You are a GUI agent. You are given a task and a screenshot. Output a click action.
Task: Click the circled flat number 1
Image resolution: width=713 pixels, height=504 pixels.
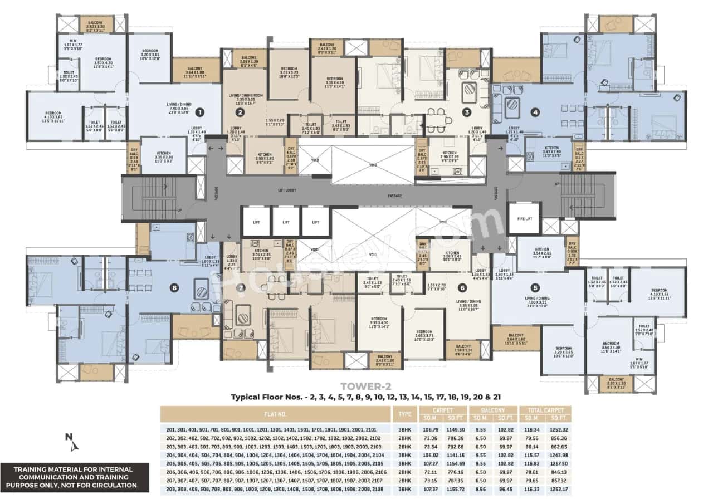tap(200, 112)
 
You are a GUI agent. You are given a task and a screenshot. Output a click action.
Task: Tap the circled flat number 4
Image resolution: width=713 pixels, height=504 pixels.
tap(535, 112)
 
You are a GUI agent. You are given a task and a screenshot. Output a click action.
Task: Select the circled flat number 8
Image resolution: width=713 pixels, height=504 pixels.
tap(175, 288)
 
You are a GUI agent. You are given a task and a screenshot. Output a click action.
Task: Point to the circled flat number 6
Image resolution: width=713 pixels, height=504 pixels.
tap(462, 288)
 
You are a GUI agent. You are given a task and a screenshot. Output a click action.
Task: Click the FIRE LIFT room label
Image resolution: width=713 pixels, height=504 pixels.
tap(524, 219)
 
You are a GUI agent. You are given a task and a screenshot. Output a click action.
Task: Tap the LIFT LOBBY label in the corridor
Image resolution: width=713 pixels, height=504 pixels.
tap(290, 190)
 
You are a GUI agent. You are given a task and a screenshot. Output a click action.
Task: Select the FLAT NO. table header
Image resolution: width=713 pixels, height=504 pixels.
tap(275, 414)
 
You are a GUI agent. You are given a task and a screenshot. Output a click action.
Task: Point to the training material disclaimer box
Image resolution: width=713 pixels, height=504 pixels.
tap(69, 477)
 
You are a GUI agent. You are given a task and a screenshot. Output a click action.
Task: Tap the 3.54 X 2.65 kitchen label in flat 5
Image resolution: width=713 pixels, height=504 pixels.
tap(542, 252)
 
